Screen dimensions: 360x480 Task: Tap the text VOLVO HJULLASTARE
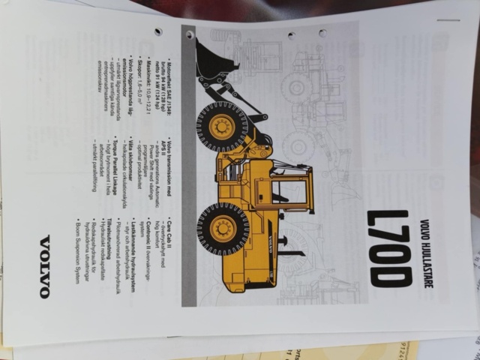[424, 248]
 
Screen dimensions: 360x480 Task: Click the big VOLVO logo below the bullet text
[45, 266]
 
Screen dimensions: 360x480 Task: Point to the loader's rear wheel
[223, 229]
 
